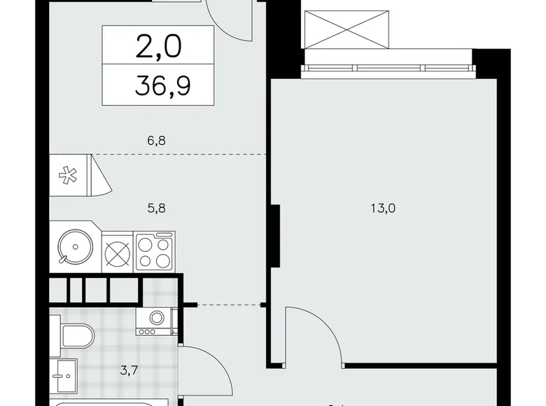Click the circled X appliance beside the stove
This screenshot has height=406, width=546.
click(115, 251)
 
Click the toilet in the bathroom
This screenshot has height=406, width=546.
click(76, 336)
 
